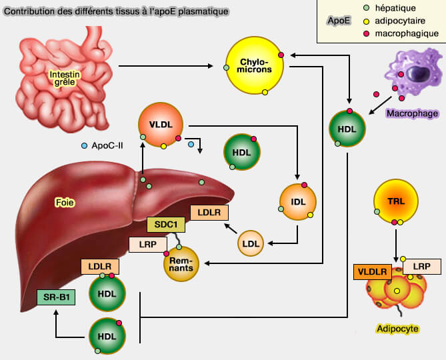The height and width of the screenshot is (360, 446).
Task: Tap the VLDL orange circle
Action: point(160,125)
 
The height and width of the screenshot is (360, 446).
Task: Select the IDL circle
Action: point(297,199)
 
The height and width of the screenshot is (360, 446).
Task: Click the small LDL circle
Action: point(251,243)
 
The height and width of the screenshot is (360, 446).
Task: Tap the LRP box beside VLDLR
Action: point(421,266)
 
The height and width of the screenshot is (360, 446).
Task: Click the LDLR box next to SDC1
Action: point(209,213)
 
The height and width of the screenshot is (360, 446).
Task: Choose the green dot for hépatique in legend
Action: point(366,9)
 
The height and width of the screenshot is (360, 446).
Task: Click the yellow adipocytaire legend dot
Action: point(366,21)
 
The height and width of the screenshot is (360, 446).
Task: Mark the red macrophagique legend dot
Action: point(366,33)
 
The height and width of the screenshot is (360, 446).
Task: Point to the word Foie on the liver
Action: point(65,200)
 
